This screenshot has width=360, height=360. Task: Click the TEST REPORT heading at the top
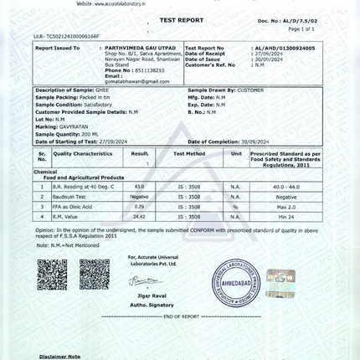181,18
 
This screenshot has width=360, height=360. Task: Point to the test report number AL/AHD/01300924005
284,49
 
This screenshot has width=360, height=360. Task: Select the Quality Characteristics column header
83,154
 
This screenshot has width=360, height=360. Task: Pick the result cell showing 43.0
139,186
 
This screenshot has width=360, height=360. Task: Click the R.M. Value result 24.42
139,216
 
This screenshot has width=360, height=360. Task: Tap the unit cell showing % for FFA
236,206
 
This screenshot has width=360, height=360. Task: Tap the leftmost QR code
52,274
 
